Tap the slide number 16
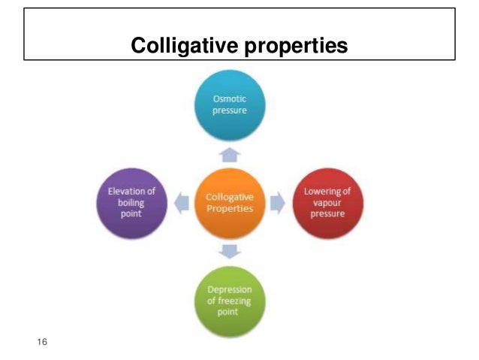click(42, 343)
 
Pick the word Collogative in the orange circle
click(229, 197)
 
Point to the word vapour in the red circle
click(327, 203)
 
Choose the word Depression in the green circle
click(229, 290)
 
